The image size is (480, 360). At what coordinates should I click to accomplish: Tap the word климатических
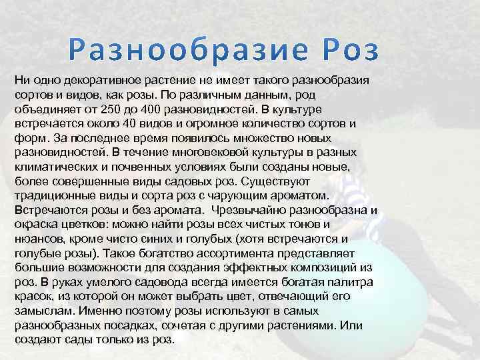(54, 167)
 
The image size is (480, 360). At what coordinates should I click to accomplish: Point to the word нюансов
(37, 239)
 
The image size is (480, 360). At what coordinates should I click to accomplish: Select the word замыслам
(44, 311)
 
